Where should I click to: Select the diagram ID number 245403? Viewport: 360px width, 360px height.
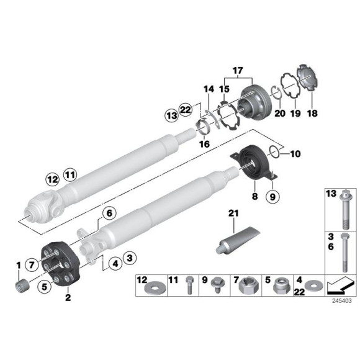pos(340,300)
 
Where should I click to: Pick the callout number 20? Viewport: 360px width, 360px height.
pos(279,114)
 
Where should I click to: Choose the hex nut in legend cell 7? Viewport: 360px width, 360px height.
pos(246,286)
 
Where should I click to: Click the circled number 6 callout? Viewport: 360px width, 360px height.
pos(109,213)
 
